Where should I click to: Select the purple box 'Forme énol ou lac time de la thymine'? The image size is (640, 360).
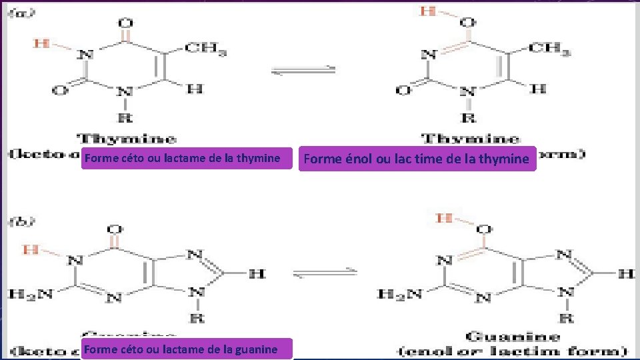pyautogui.click(x=417, y=159)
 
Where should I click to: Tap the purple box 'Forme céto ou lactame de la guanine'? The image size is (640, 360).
pyautogui.click(x=187, y=349)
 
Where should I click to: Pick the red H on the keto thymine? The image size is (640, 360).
pyautogui.click(x=41, y=43)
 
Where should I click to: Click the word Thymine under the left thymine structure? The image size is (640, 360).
pyautogui.click(x=127, y=139)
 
